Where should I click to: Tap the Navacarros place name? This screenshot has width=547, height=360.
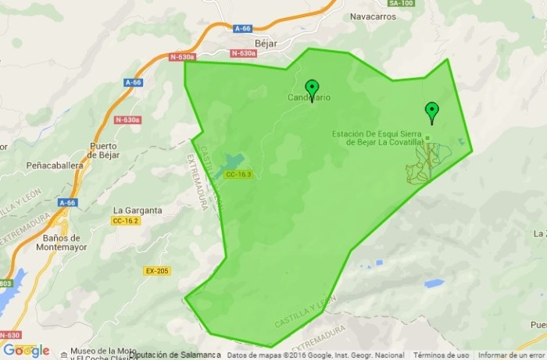click(374, 16)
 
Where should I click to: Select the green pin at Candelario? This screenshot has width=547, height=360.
click(312, 89)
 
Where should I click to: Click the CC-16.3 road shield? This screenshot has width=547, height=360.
click(238, 174)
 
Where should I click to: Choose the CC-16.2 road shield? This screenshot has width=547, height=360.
click(125, 221)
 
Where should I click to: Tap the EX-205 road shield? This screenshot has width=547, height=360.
click(156, 271)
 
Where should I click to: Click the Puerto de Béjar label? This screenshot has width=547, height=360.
click(104, 150)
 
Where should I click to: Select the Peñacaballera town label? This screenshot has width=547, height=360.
click(55, 166)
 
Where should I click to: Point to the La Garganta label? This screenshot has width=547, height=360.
click(138, 210)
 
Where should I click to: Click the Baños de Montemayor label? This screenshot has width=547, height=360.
click(59, 243)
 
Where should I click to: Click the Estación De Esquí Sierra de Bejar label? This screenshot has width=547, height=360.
click(381, 137)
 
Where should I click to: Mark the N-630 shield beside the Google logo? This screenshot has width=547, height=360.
click(11, 335)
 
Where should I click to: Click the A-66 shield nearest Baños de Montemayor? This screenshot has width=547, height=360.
click(67, 203)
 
